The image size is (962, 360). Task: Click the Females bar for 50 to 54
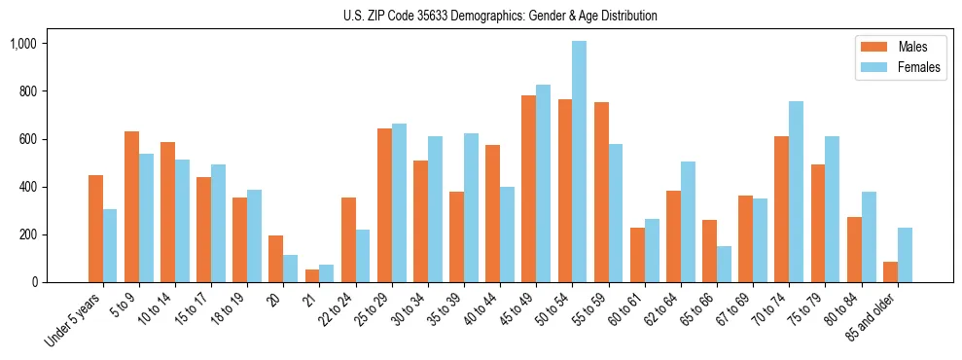[x=579, y=162]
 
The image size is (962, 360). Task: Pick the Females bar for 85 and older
[x=905, y=255]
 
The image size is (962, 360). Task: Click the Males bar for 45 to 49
[x=528, y=189]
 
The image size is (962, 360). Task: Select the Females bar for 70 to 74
[x=796, y=192]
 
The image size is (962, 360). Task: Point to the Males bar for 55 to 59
[x=601, y=192]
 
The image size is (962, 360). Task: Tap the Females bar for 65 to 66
[x=724, y=264]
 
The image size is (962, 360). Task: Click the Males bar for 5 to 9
[x=131, y=206]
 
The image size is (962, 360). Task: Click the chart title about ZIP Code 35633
[x=500, y=16]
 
